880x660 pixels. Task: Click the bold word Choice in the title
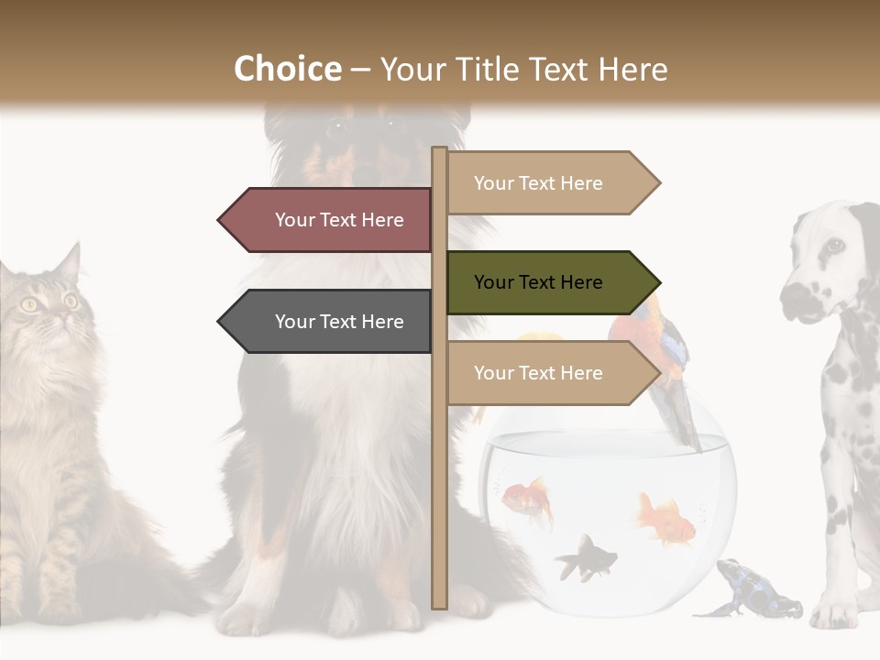click(x=287, y=70)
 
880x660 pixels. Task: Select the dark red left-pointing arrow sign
click(x=330, y=220)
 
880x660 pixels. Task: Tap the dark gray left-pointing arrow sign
click(x=330, y=322)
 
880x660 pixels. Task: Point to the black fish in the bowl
click(x=584, y=557)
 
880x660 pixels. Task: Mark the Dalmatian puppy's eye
click(x=834, y=245)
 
